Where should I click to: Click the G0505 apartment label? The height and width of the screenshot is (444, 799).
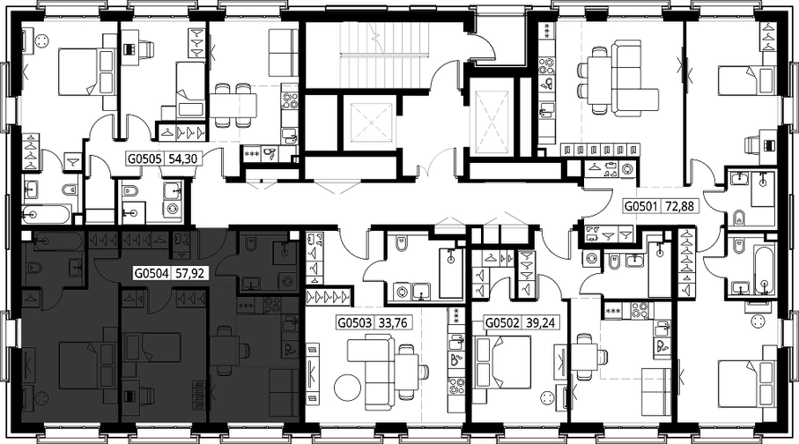click(145, 159)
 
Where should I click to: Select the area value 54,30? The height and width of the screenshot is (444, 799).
click(182, 159)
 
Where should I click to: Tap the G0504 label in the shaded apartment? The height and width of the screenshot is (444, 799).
click(152, 274)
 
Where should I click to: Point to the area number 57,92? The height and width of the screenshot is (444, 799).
click(189, 274)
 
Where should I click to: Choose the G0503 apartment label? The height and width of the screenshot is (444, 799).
click(355, 322)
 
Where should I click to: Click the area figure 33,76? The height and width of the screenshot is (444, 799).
click(393, 322)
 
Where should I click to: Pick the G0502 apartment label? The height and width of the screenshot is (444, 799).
click(502, 322)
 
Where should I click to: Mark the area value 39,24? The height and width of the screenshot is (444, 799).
click(540, 322)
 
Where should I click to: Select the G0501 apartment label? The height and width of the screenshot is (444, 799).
click(642, 206)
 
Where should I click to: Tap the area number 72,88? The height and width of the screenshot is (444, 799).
click(680, 206)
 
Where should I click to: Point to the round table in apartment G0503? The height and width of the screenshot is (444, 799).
click(347, 388)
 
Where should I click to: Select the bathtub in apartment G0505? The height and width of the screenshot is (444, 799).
click(47, 214)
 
